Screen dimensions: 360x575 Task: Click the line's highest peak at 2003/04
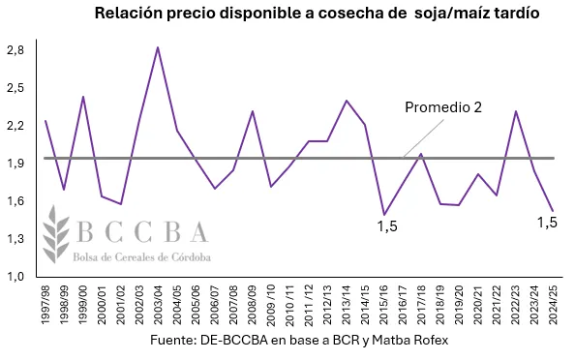click(x=157, y=47)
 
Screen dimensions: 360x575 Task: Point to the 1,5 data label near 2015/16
click(x=386, y=226)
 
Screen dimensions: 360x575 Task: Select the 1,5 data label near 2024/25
click(x=548, y=222)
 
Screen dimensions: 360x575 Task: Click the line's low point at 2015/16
click(x=383, y=215)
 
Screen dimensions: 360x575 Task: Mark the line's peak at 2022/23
click(x=514, y=111)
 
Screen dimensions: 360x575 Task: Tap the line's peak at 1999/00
click(x=82, y=97)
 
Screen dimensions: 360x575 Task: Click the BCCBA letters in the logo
click(x=142, y=232)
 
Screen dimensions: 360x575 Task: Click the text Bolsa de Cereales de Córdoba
click(x=142, y=256)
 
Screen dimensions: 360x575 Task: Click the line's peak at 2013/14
click(x=346, y=101)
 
